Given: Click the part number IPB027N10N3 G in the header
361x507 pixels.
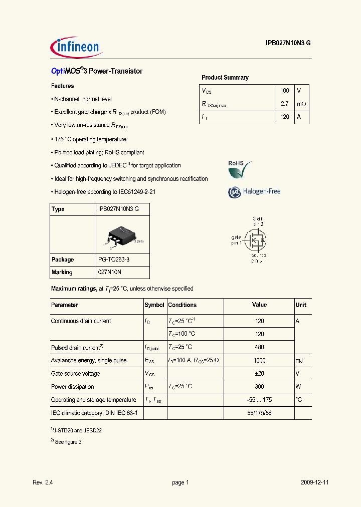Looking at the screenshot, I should pyautogui.click(x=288, y=44).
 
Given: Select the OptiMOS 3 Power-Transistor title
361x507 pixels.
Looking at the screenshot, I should pyautogui.click(x=97, y=71).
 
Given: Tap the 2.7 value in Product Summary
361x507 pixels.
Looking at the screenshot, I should pyautogui.click(x=285, y=104).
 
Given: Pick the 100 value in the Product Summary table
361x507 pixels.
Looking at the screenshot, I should pyautogui.click(x=285, y=91).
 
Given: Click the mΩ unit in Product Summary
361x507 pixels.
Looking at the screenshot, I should pyautogui.click(x=301, y=104).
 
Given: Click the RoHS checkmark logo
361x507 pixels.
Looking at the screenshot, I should pyautogui.click(x=239, y=169).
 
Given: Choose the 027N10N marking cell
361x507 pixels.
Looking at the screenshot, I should pyautogui.click(x=110, y=272).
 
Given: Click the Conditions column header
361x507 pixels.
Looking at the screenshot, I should pyautogui.click(x=182, y=305).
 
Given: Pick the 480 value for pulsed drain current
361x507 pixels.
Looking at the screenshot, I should pyautogui.click(x=259, y=347).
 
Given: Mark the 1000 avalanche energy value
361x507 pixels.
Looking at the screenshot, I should pyautogui.click(x=259, y=360).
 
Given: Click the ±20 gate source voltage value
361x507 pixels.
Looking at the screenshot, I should pyautogui.click(x=259, y=373).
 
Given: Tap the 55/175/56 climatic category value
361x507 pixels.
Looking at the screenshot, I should pyautogui.click(x=259, y=413).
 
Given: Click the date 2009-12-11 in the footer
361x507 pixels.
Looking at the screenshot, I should pyautogui.click(x=315, y=482).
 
